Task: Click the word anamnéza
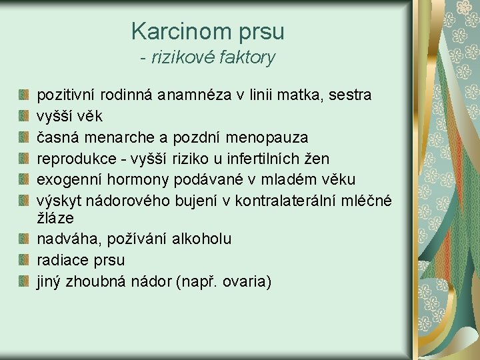(x=195, y=95)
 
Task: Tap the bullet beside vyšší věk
(x=24, y=117)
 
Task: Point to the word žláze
(x=55, y=218)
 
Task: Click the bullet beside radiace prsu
(x=24, y=260)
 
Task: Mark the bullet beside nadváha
(x=24, y=239)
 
